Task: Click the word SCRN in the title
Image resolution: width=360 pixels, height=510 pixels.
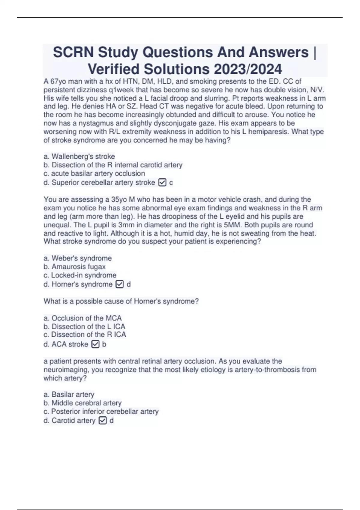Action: [x=74, y=52]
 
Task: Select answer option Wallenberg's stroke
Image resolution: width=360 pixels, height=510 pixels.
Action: [x=79, y=156]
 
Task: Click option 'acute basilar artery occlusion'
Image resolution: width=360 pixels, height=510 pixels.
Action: [x=94, y=173]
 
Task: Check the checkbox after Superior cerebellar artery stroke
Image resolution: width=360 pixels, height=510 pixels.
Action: [x=162, y=182]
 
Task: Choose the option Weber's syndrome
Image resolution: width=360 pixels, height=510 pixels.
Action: [x=78, y=258]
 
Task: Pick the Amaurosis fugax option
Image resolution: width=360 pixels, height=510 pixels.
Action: [x=75, y=266]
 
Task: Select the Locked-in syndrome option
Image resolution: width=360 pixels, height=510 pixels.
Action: [x=80, y=275]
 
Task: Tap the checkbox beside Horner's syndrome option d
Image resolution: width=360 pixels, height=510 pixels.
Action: [x=119, y=284]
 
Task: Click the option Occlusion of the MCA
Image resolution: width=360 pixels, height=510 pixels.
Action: [x=82, y=318]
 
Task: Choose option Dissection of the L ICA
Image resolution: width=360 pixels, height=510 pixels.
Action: [x=84, y=326]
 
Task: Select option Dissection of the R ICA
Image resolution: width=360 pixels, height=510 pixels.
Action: [x=85, y=334]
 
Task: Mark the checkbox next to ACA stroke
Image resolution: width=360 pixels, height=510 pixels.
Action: [x=95, y=344]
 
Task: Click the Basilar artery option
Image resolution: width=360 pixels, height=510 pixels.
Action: [x=69, y=394]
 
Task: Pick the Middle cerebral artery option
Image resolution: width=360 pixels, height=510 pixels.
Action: [x=82, y=403]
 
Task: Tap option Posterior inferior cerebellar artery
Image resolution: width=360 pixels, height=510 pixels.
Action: [x=101, y=411]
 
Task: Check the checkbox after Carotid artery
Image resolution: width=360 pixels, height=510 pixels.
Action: [x=103, y=421]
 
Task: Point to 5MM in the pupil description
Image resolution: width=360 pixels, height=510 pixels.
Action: [x=232, y=225]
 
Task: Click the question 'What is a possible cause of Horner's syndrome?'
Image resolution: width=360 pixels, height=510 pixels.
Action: [x=121, y=301]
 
